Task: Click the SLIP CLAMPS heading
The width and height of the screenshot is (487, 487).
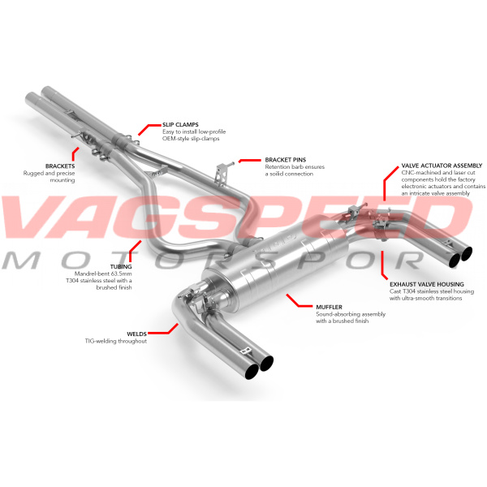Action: (x=180, y=124)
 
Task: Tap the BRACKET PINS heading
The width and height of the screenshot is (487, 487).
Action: (x=286, y=160)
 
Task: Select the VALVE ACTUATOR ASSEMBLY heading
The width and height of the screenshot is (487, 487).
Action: (x=442, y=166)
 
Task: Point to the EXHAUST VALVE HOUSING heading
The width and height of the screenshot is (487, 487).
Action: (x=427, y=284)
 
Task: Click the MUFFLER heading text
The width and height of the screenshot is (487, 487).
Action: (x=329, y=307)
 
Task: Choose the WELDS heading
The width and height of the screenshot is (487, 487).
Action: (x=136, y=334)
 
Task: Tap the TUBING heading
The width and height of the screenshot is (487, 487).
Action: (x=121, y=266)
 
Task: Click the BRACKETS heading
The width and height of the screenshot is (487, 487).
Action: (x=60, y=166)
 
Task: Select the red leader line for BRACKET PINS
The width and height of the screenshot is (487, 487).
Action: (x=250, y=161)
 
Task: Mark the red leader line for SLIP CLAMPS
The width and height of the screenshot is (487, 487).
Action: (x=145, y=127)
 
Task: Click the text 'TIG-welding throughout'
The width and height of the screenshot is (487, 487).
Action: (x=116, y=341)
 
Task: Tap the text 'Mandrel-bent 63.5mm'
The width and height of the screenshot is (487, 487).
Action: (x=103, y=274)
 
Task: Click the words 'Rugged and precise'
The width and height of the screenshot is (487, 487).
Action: (x=49, y=173)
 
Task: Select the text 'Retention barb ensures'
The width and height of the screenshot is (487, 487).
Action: (x=295, y=166)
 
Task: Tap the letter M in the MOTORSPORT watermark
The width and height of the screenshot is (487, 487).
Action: (x=21, y=261)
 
